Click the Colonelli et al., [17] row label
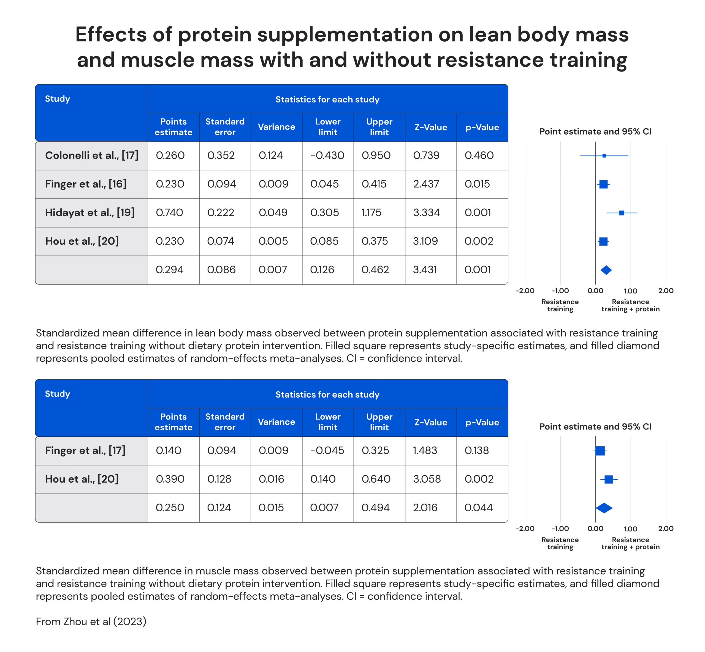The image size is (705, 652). tap(91, 155)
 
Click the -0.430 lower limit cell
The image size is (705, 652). tap(327, 155)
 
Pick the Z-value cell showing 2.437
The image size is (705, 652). tap(426, 184)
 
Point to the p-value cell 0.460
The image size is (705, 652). tap(479, 155)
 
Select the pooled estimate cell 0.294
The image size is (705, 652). tap(169, 270)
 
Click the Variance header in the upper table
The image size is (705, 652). tap(276, 127)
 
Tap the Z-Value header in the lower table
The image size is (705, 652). tap(430, 422)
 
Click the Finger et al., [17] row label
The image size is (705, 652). tap(85, 450)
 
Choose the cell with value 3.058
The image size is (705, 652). tap(427, 479)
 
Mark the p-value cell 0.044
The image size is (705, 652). tap(478, 508)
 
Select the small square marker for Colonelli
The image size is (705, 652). tap(604, 156)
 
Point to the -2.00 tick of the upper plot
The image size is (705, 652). tap(525, 291)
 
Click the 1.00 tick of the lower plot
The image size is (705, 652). tap(630, 529)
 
